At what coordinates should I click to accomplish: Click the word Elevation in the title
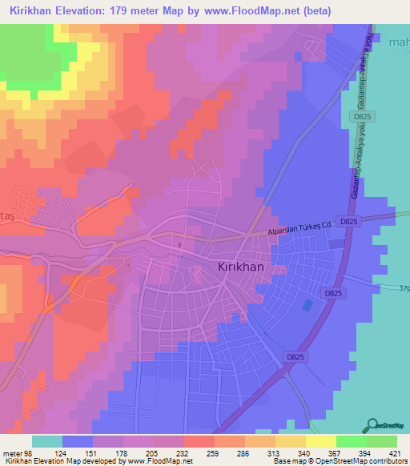point(85,10)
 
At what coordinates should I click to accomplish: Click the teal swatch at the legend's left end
point(47,441)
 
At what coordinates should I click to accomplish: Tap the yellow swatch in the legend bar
point(291,441)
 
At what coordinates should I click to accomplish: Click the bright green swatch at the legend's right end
point(382,441)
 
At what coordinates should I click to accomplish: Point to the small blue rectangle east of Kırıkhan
point(307,305)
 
